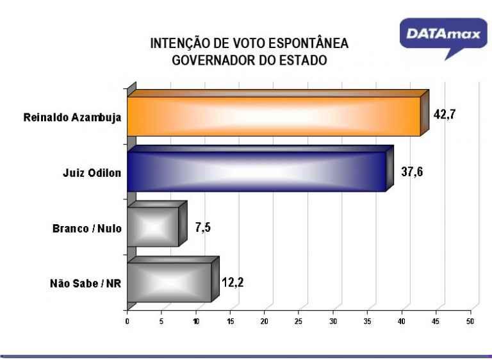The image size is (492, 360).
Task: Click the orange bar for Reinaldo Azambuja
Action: (x=274, y=117)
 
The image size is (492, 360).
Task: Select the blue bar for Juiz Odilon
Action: (x=256, y=172)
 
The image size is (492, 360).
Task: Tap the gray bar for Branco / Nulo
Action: (x=153, y=227)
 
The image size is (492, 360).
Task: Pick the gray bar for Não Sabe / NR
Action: (x=169, y=282)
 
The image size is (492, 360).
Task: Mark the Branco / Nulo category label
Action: (x=86, y=228)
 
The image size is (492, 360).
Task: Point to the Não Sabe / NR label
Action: (x=85, y=283)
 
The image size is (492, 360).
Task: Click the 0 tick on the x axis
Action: (x=127, y=320)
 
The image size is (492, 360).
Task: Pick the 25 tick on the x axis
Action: (x=299, y=320)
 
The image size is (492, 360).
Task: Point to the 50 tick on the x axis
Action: (x=470, y=320)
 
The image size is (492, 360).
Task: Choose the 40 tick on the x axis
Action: (x=402, y=320)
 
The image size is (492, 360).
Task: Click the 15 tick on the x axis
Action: (x=230, y=320)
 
